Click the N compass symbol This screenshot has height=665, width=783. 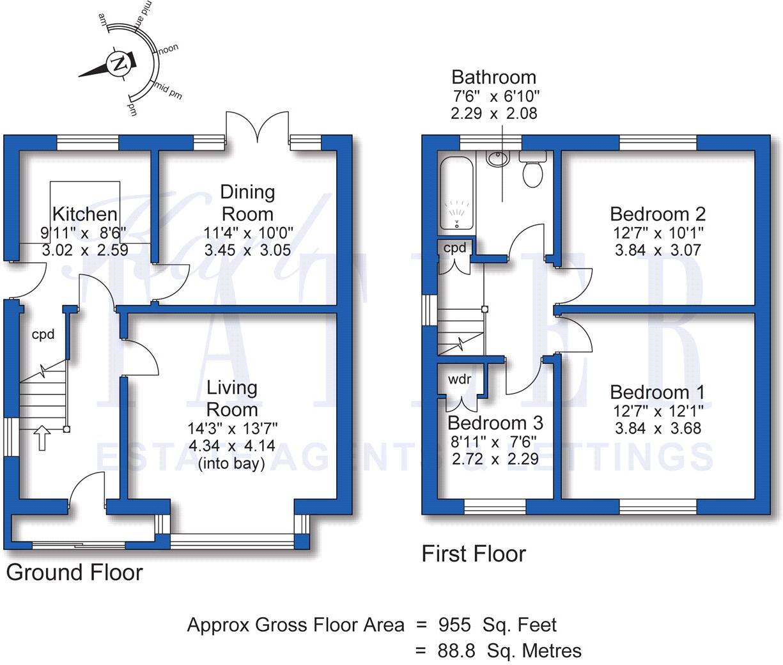point(119,63)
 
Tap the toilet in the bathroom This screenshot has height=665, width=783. point(532,170)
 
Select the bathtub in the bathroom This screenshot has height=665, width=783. point(456,192)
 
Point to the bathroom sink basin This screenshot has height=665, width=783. point(496,158)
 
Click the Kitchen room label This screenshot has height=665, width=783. point(84,214)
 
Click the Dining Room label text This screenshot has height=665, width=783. point(247,203)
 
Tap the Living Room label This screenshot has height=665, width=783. point(232,398)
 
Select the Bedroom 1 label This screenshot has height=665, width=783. point(657,392)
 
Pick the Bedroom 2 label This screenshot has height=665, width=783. point(657,214)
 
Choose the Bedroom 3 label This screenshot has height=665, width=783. point(495,423)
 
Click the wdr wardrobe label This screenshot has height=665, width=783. point(460,379)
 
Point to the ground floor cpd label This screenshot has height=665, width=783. point(43,334)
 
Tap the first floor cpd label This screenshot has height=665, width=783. point(455,247)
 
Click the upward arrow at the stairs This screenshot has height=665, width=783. point(41,439)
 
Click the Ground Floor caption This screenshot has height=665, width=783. point(74,572)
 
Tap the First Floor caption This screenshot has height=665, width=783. point(474,553)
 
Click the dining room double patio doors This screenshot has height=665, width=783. point(257,127)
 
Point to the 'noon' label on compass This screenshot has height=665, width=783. point(168,49)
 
